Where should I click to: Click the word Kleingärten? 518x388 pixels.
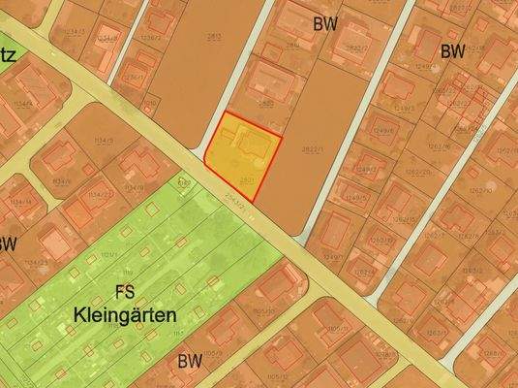pos(124,315)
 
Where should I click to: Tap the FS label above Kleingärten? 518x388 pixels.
pos(124,291)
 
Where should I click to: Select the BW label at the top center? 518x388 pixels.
pos(324,24)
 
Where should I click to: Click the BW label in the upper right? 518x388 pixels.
pos(452,51)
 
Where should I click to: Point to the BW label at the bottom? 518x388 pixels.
pos(190,361)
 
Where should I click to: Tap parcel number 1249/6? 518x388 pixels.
pos(384,130)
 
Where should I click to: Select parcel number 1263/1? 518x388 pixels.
pos(436,333)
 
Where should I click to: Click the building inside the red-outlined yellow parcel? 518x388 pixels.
pos(254,146)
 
